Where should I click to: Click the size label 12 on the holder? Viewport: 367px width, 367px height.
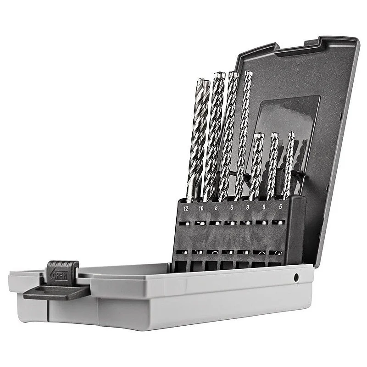point(186,208)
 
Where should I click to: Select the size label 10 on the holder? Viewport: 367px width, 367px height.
point(201,208)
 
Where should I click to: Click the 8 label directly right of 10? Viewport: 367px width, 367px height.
point(217,208)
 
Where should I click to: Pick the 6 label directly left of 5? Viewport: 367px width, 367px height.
point(264,207)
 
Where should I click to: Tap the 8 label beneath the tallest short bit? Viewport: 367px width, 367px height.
point(248,207)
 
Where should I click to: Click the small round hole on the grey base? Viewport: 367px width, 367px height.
point(296,277)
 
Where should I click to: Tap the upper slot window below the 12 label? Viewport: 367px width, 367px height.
point(184,223)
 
